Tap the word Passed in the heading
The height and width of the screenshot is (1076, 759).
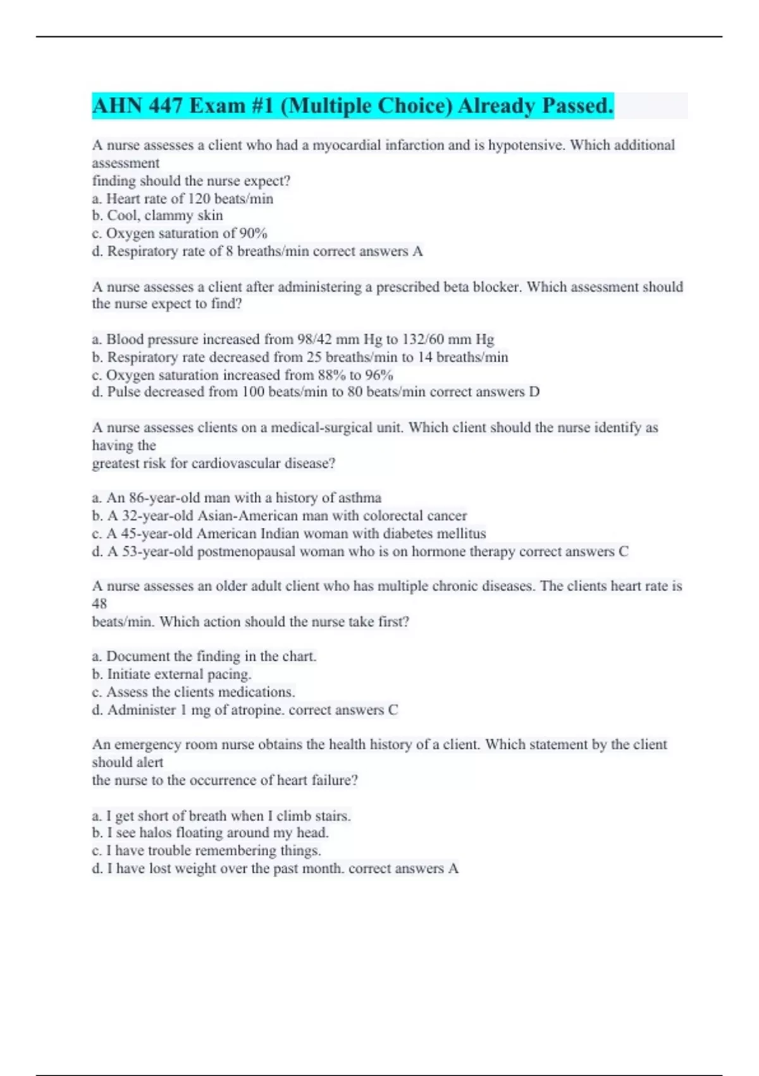pyautogui.click(x=576, y=106)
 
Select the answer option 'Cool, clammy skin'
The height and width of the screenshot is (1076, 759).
pyautogui.click(x=157, y=216)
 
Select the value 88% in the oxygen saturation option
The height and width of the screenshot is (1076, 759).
pyautogui.click(x=331, y=375)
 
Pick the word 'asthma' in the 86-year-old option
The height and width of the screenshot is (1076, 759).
pyautogui.click(x=360, y=497)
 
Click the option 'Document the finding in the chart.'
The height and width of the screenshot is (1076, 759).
pyautogui.click(x=204, y=656)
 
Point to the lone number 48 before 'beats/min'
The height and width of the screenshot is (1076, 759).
pyautogui.click(x=99, y=604)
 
